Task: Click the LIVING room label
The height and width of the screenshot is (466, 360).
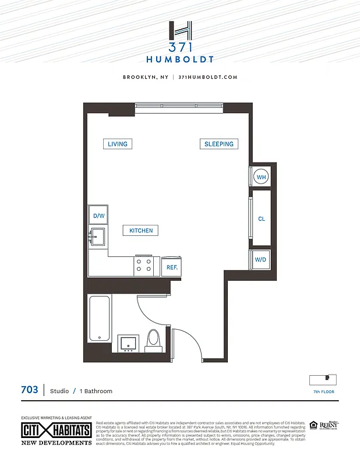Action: pos(117,144)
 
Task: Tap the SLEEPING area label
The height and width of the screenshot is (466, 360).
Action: pos(218,144)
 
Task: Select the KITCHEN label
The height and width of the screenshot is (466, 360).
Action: pos(141,231)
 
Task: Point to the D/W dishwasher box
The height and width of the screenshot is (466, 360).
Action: pos(98,216)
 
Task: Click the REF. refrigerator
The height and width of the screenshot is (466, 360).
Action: pos(172,267)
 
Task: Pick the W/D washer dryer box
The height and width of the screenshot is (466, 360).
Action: pos(260,260)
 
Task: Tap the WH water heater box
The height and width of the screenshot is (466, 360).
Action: pos(261,177)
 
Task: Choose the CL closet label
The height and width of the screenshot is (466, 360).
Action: pos(262,219)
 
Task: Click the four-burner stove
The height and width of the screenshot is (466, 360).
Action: pos(144,266)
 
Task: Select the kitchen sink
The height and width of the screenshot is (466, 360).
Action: pos(98,236)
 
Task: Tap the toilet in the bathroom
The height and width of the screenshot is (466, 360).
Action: pos(154,340)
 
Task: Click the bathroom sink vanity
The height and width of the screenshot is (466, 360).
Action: pos(128,344)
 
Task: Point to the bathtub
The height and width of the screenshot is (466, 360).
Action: pos(99,318)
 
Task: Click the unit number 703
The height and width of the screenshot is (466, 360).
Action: pos(30,390)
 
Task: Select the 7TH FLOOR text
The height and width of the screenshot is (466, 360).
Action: pos(324,392)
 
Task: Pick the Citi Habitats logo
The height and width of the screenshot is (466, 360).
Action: pos(56,432)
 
